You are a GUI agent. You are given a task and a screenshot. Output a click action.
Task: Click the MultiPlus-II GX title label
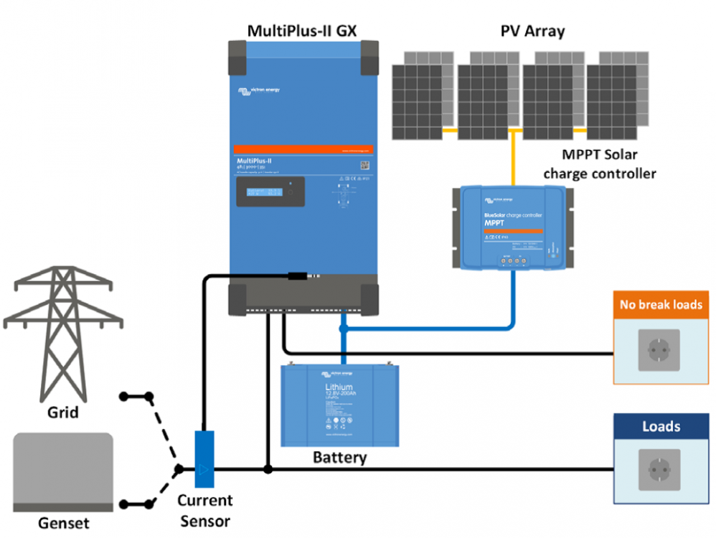point(302,31)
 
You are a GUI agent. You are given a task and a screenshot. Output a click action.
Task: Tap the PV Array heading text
point(532,31)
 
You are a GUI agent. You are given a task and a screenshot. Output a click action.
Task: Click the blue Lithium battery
point(339,405)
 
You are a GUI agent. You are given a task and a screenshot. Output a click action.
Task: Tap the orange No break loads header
point(661,304)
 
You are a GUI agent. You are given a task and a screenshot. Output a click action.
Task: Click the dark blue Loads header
point(661,426)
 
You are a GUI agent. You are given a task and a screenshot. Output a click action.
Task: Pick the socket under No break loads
point(661,351)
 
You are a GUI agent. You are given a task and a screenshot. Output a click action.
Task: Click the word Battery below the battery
point(339,457)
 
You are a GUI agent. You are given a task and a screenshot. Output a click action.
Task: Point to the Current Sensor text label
point(204,510)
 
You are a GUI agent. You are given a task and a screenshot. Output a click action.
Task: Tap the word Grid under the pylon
point(62,413)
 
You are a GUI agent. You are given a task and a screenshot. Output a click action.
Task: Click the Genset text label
point(64,523)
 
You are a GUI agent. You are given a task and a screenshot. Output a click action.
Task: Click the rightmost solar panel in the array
point(617,100)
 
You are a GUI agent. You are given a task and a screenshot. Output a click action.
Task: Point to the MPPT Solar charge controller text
point(600,164)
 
